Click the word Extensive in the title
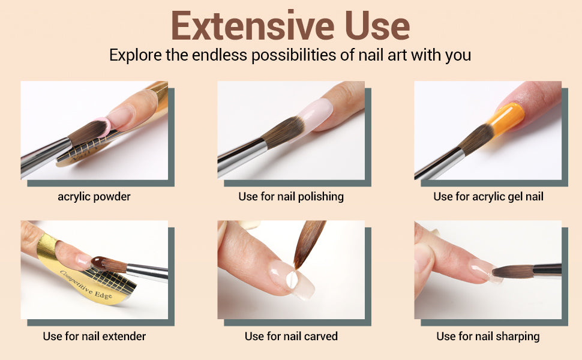(253, 25)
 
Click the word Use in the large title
(377, 25)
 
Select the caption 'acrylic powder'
(94, 197)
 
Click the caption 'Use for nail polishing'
(291, 197)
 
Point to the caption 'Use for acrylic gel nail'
(488, 197)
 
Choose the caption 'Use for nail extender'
(94, 336)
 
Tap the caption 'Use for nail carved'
(291, 336)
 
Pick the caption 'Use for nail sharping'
(488, 337)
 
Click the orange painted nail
(506, 118)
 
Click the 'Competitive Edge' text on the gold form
(86, 285)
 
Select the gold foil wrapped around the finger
(47, 247)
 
